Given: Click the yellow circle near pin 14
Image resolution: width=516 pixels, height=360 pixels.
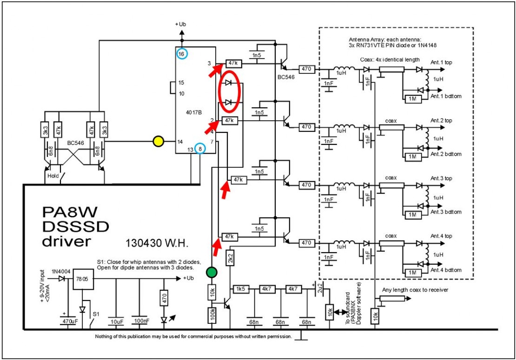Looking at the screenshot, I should (x=159, y=140).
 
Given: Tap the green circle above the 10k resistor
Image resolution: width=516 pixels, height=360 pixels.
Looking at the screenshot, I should (x=212, y=272).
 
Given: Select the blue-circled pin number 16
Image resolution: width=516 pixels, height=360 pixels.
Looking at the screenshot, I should (x=181, y=54).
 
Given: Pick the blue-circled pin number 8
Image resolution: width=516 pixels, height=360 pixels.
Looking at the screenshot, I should (x=199, y=149).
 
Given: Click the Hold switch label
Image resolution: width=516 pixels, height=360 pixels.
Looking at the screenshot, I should (x=53, y=176).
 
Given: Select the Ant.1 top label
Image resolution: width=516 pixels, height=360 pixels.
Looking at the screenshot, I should (x=441, y=62).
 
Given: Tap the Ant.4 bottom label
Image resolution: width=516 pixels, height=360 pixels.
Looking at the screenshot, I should (x=446, y=270).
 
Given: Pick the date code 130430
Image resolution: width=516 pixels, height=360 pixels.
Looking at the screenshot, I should (x=139, y=243).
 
